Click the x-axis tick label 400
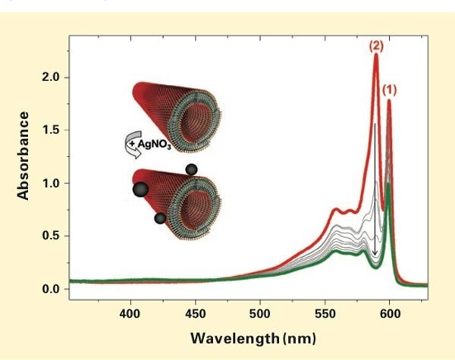point(130,312)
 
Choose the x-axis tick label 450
point(196,312)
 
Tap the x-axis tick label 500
point(260,312)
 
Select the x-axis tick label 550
point(325,312)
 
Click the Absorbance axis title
point(24,155)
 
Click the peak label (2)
point(376,45)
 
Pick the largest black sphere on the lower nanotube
point(140,189)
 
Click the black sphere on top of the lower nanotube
point(191,168)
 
